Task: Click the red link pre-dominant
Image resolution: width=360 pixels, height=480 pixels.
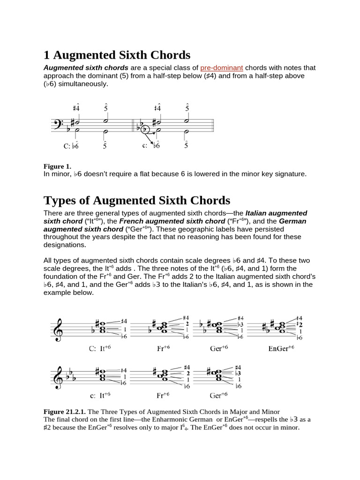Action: click(221, 68)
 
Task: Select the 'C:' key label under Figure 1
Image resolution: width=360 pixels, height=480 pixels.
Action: click(67, 146)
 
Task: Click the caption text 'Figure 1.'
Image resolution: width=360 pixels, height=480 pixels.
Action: click(57, 166)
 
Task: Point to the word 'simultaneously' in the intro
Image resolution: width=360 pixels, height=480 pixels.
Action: click(83, 83)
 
